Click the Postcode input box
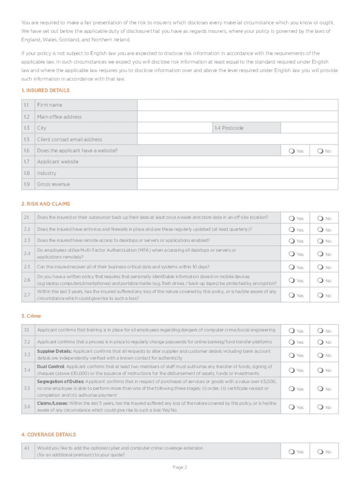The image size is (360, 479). coord(309,128)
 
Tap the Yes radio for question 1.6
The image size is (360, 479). coord(292,151)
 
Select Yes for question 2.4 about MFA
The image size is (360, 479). coord(292,254)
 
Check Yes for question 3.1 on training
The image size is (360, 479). coord(292,331)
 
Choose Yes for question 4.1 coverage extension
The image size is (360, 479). coord(292,451)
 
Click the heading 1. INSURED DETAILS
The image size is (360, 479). coord(45,90)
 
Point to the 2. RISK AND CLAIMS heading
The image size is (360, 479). coord(46,204)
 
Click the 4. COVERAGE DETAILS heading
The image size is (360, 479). coord(49,435)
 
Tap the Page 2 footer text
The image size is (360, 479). coord(180,467)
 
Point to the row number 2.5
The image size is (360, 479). coord(26,267)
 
